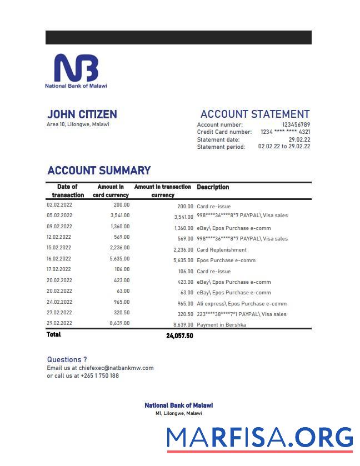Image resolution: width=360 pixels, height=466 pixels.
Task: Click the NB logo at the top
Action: click(x=76, y=68)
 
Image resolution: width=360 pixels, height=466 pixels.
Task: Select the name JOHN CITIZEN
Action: click(x=82, y=114)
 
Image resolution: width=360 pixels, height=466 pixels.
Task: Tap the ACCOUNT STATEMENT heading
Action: click(x=255, y=114)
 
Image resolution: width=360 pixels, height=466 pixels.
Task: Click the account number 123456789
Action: click(x=296, y=125)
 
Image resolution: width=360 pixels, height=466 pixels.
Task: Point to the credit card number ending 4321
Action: click(x=286, y=132)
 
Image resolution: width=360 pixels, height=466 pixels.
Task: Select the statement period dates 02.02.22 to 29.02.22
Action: click(x=284, y=147)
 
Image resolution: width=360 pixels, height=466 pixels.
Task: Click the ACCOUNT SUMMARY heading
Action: click(x=99, y=171)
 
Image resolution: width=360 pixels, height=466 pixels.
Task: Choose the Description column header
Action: click(x=213, y=187)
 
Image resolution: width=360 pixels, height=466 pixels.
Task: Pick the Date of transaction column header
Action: click(x=68, y=191)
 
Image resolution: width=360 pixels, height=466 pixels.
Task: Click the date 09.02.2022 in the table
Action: click(x=59, y=227)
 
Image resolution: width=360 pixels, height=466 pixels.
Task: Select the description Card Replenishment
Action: click(x=222, y=250)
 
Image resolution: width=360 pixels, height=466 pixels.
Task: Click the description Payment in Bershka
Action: click(x=222, y=324)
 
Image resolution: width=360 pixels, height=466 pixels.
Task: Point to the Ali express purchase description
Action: click(x=242, y=304)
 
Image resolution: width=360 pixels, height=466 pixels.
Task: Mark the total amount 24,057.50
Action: click(x=179, y=335)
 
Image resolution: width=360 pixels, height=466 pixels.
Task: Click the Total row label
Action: click(x=54, y=334)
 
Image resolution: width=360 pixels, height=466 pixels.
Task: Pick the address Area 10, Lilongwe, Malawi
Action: click(x=78, y=124)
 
